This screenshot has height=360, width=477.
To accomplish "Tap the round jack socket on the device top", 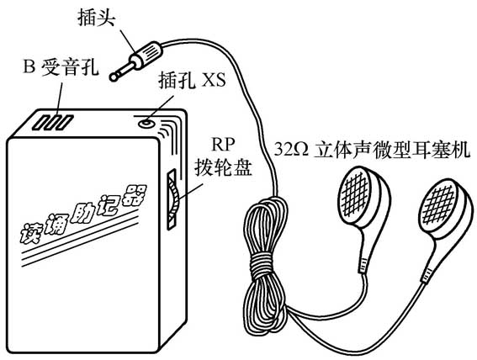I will tap(148, 121).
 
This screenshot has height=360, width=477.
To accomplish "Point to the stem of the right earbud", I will tap(432, 261).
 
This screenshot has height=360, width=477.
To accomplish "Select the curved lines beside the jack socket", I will tap(174, 135).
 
